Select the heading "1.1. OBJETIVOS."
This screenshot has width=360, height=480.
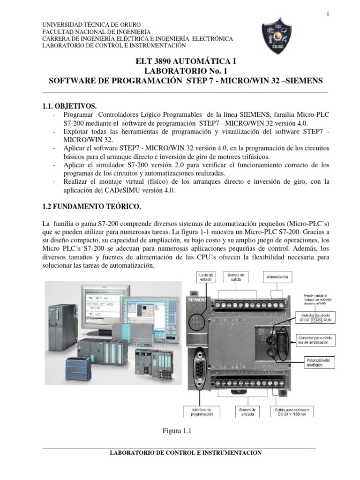(70, 106)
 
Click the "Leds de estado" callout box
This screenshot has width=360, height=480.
(192, 277)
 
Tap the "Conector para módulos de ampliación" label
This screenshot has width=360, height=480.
(317, 340)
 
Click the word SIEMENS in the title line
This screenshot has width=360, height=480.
(305, 81)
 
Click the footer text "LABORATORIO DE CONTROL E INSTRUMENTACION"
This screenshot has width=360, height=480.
(185, 453)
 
